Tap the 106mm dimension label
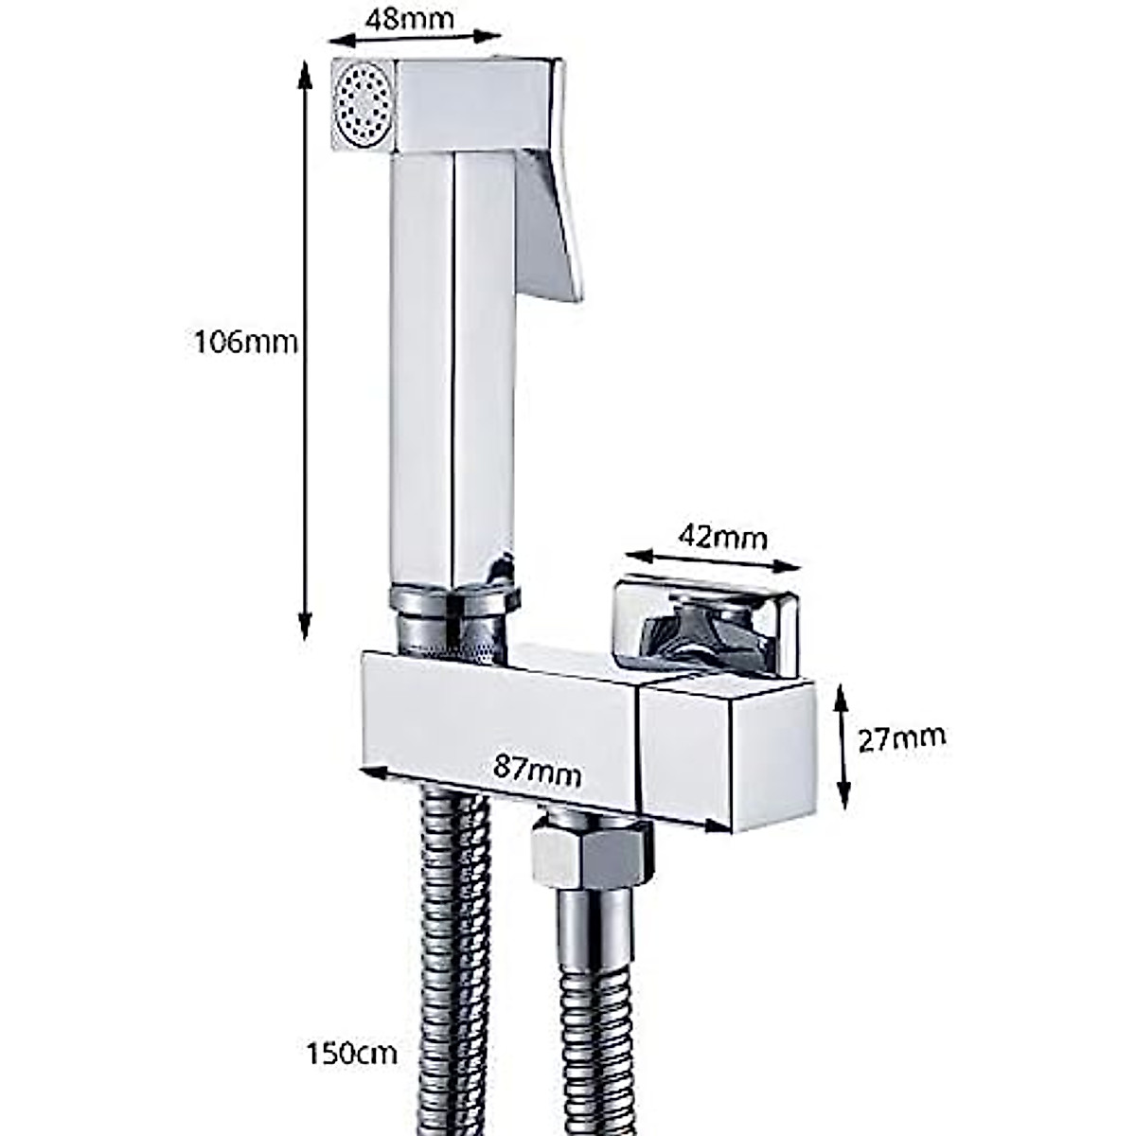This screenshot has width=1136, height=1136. (245, 341)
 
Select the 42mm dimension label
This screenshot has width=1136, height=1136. (722, 537)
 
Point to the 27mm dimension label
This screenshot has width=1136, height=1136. (901, 737)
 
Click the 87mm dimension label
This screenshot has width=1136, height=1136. (538, 772)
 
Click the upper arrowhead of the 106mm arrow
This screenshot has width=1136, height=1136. (305, 71)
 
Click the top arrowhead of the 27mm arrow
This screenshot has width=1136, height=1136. (842, 694)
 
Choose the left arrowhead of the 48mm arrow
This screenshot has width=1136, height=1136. (334, 40)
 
